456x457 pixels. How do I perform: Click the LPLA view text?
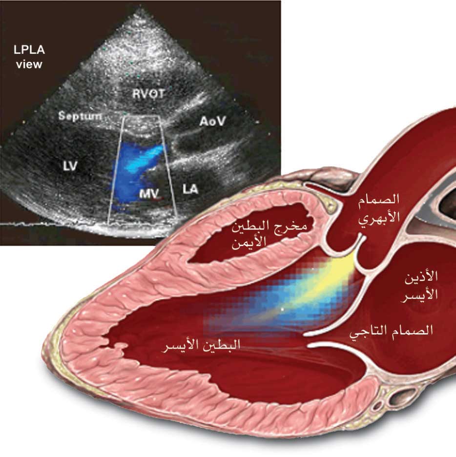coord(29,57)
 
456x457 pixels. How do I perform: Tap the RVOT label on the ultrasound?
coord(148,94)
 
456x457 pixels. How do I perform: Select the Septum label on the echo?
coord(80,116)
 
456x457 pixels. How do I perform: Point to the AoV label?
coord(213,121)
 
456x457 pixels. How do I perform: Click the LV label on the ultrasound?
coord(70,166)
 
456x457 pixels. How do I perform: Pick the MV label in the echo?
coord(149,193)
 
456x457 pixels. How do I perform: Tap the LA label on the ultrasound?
coord(190,189)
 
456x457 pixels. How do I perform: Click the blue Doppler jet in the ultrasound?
coord(134,175)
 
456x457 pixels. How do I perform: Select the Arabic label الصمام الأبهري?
coord(378,208)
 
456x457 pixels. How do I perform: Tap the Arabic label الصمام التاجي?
coord(391,332)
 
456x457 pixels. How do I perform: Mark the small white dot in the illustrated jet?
coord(282,309)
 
